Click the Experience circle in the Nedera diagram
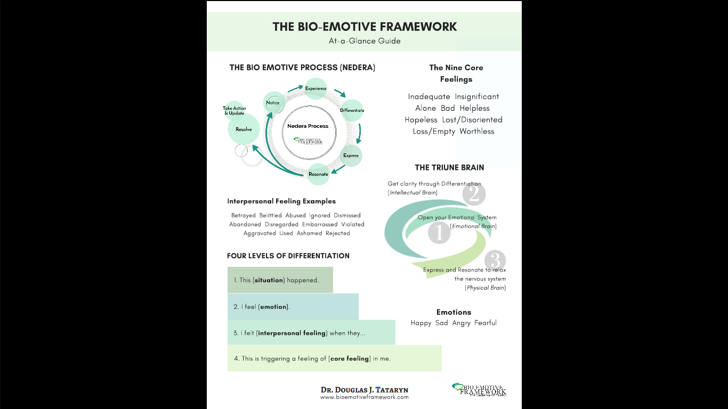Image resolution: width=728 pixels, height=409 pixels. click(x=316, y=88)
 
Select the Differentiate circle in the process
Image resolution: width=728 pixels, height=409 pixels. click(x=352, y=110)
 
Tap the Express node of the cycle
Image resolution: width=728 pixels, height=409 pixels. click(x=351, y=156)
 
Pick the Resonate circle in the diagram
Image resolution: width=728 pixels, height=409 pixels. click(x=319, y=174)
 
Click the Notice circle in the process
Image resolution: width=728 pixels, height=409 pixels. click(x=273, y=103)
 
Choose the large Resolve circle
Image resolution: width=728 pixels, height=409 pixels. click(x=244, y=129)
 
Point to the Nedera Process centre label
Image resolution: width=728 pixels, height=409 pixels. click(x=308, y=126)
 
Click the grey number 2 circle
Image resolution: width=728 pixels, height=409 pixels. click(x=474, y=194)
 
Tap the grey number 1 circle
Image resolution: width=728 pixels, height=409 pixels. click(x=439, y=233)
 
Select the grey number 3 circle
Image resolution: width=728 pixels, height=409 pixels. click(x=495, y=261)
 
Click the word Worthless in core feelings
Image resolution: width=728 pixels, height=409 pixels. click(x=477, y=132)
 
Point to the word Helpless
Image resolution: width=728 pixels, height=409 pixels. click(x=474, y=108)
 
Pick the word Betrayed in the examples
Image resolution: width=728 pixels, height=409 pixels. click(x=244, y=216)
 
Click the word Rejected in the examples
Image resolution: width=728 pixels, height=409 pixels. click(x=338, y=233)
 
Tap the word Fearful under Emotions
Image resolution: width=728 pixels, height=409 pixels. click(x=485, y=323)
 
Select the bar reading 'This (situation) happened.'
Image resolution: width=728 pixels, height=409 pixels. click(x=280, y=280)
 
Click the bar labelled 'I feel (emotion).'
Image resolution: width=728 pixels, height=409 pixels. click(x=293, y=307)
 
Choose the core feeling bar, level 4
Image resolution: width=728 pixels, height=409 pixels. click(x=334, y=358)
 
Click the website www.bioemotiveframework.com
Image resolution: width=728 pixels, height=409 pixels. click(x=365, y=397)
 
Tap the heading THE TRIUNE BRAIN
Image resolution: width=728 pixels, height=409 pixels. click(x=449, y=167)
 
